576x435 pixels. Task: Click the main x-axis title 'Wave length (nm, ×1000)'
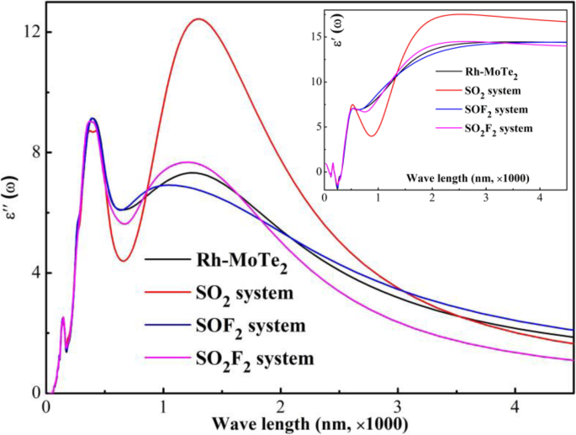310,422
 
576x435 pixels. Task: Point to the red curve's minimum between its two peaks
123,261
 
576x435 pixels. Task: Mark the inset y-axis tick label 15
314,37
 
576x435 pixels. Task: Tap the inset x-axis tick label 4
539,197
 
